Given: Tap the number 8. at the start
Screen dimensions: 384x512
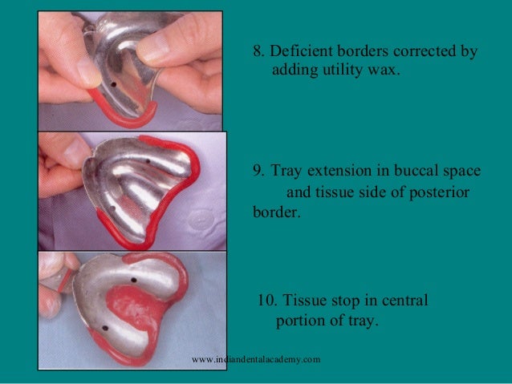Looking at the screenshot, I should [x=258, y=52].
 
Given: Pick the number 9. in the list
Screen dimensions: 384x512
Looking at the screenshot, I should [x=258, y=172].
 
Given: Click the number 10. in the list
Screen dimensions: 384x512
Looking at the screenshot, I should [x=267, y=301].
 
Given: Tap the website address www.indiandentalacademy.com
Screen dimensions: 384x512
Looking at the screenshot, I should [x=256, y=359].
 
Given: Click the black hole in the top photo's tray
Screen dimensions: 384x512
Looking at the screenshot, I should [x=116, y=82].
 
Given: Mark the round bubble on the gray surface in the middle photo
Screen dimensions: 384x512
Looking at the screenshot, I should [x=198, y=217].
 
